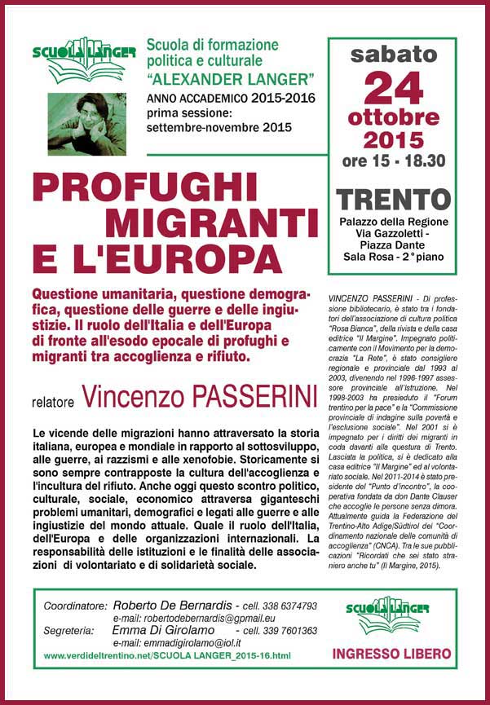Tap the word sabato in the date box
coord(393,55)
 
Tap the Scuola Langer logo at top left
coord(82,59)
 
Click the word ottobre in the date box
coord(393,117)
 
